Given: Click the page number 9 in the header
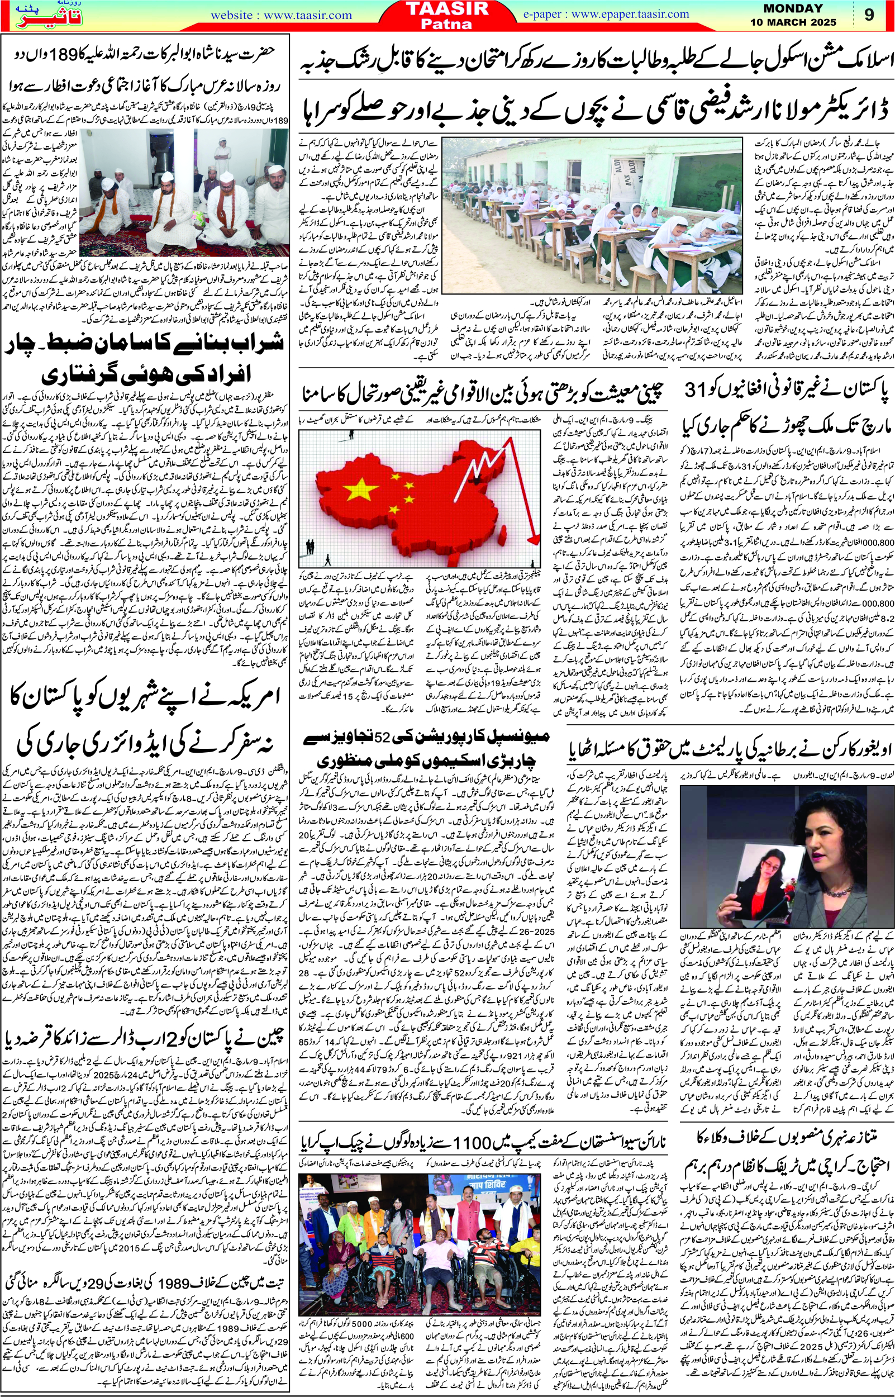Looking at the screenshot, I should coord(869,15).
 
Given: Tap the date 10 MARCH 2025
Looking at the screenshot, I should coord(801,23).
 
